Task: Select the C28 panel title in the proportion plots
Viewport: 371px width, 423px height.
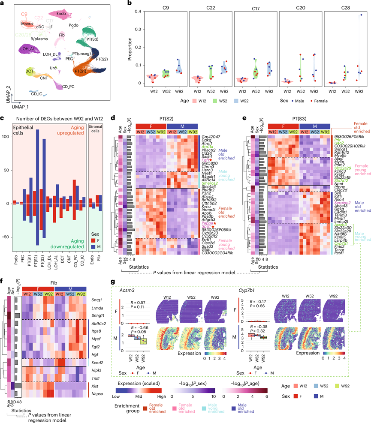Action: [x=346, y=8]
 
